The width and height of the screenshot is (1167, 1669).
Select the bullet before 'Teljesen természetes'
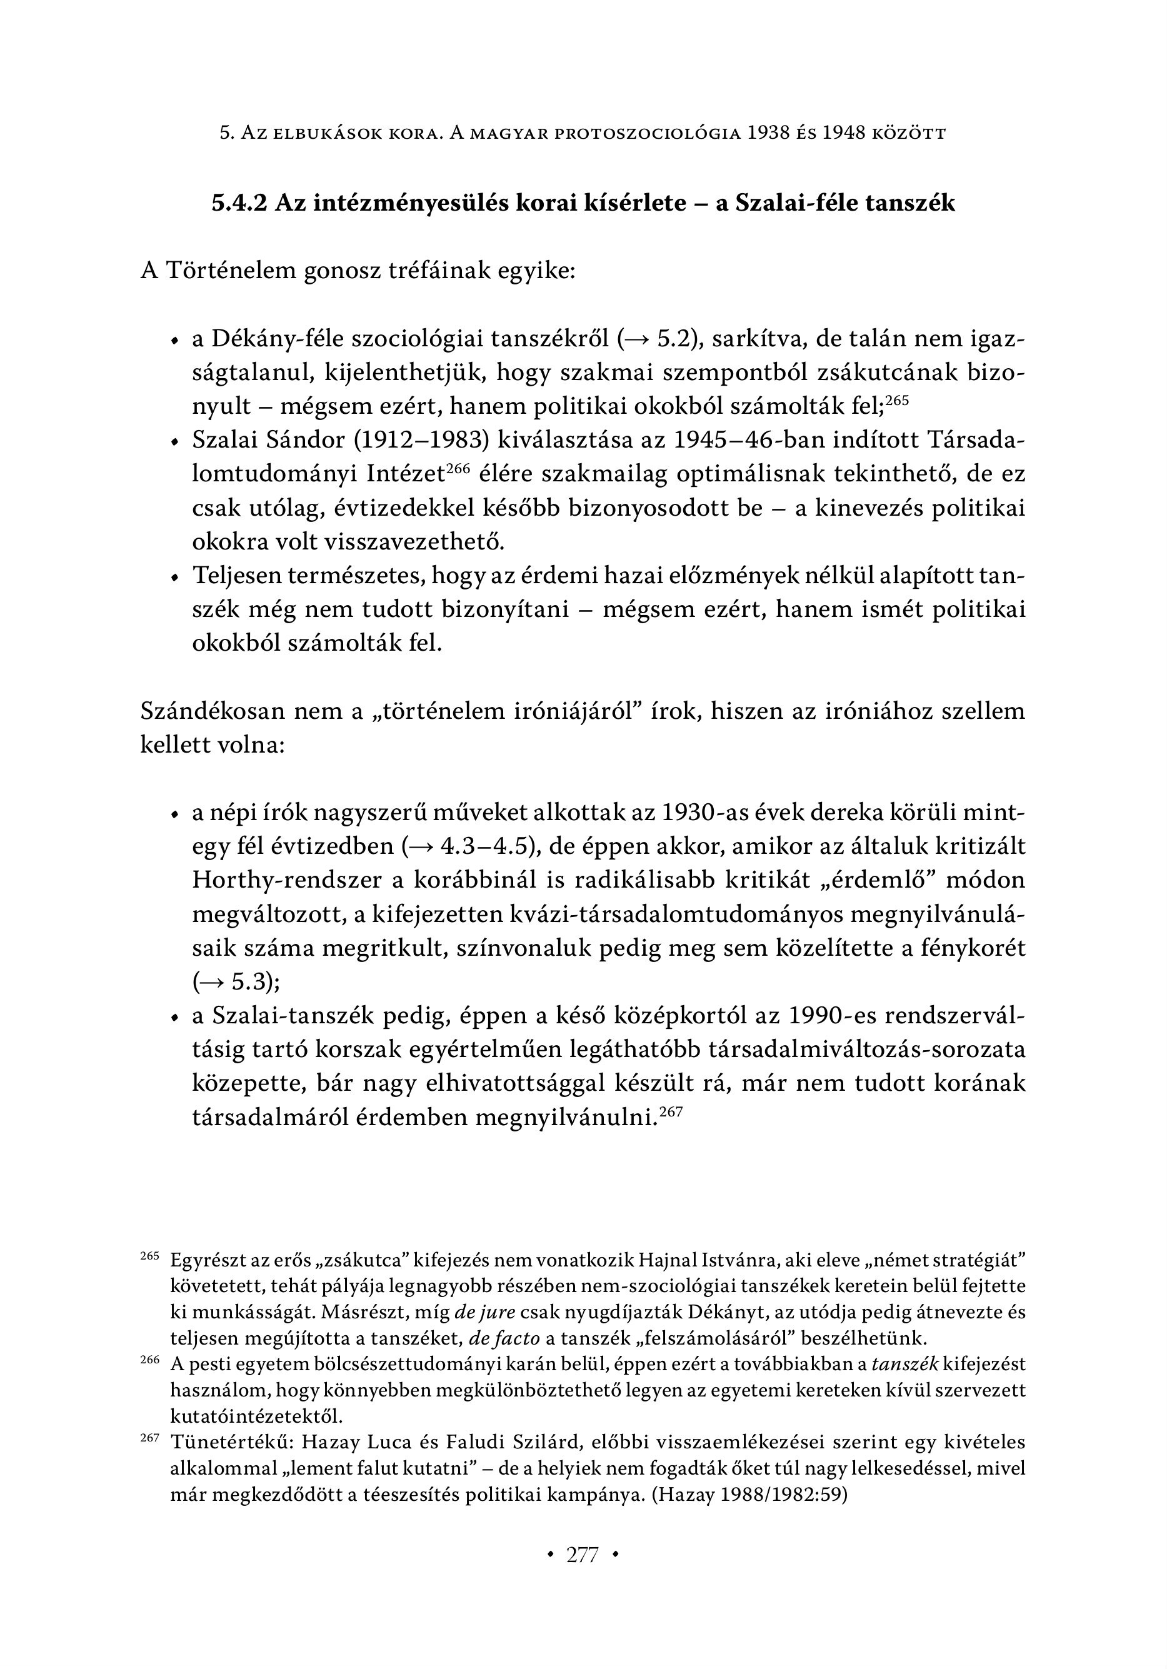click(x=174, y=577)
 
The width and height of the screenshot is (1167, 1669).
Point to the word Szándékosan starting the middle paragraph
click(x=213, y=711)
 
